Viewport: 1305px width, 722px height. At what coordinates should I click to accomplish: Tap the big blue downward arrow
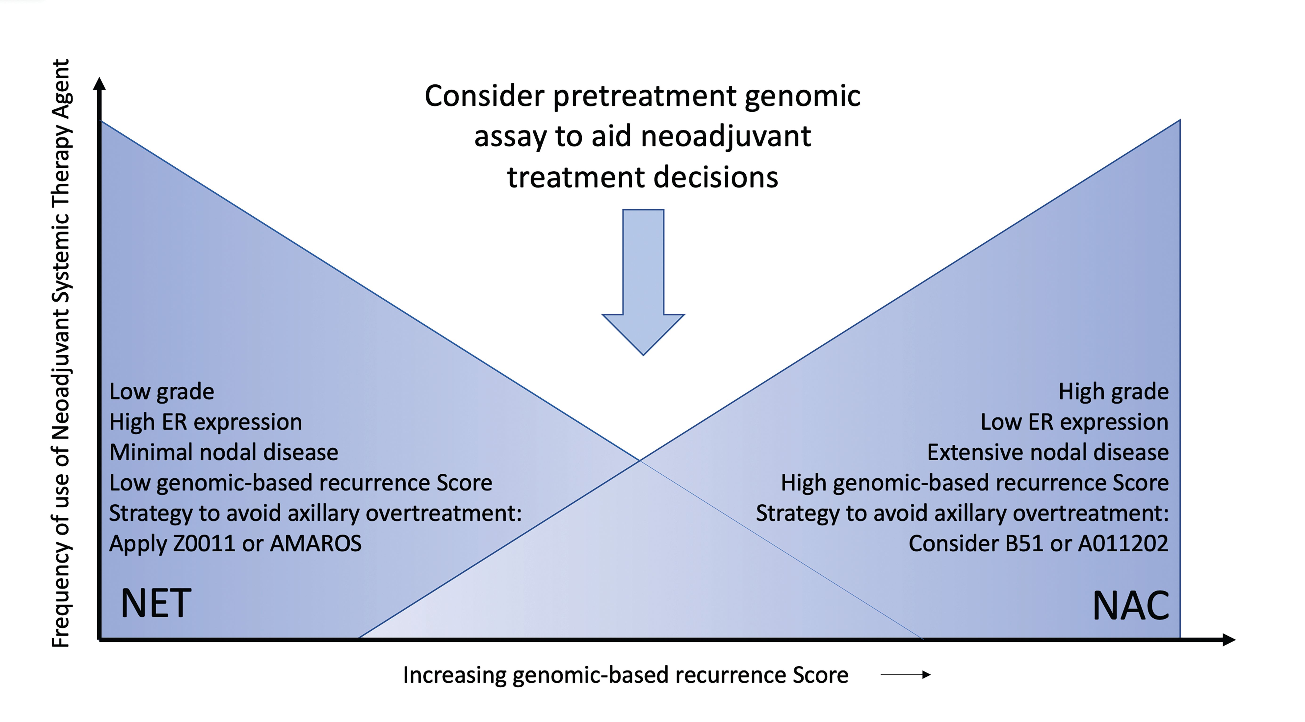(643, 283)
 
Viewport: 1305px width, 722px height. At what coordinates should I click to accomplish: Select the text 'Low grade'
(162, 391)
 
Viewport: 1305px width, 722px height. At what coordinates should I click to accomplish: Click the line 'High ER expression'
(205, 422)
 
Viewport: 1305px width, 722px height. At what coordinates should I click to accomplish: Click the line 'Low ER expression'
(1074, 422)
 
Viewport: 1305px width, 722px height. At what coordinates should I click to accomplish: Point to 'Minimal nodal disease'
(223, 452)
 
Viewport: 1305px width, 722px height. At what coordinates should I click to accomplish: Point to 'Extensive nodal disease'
(1048, 452)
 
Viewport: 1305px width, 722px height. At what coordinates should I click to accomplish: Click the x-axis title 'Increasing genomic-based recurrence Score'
(625, 675)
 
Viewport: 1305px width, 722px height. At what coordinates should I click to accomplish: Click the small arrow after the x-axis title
(905, 674)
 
